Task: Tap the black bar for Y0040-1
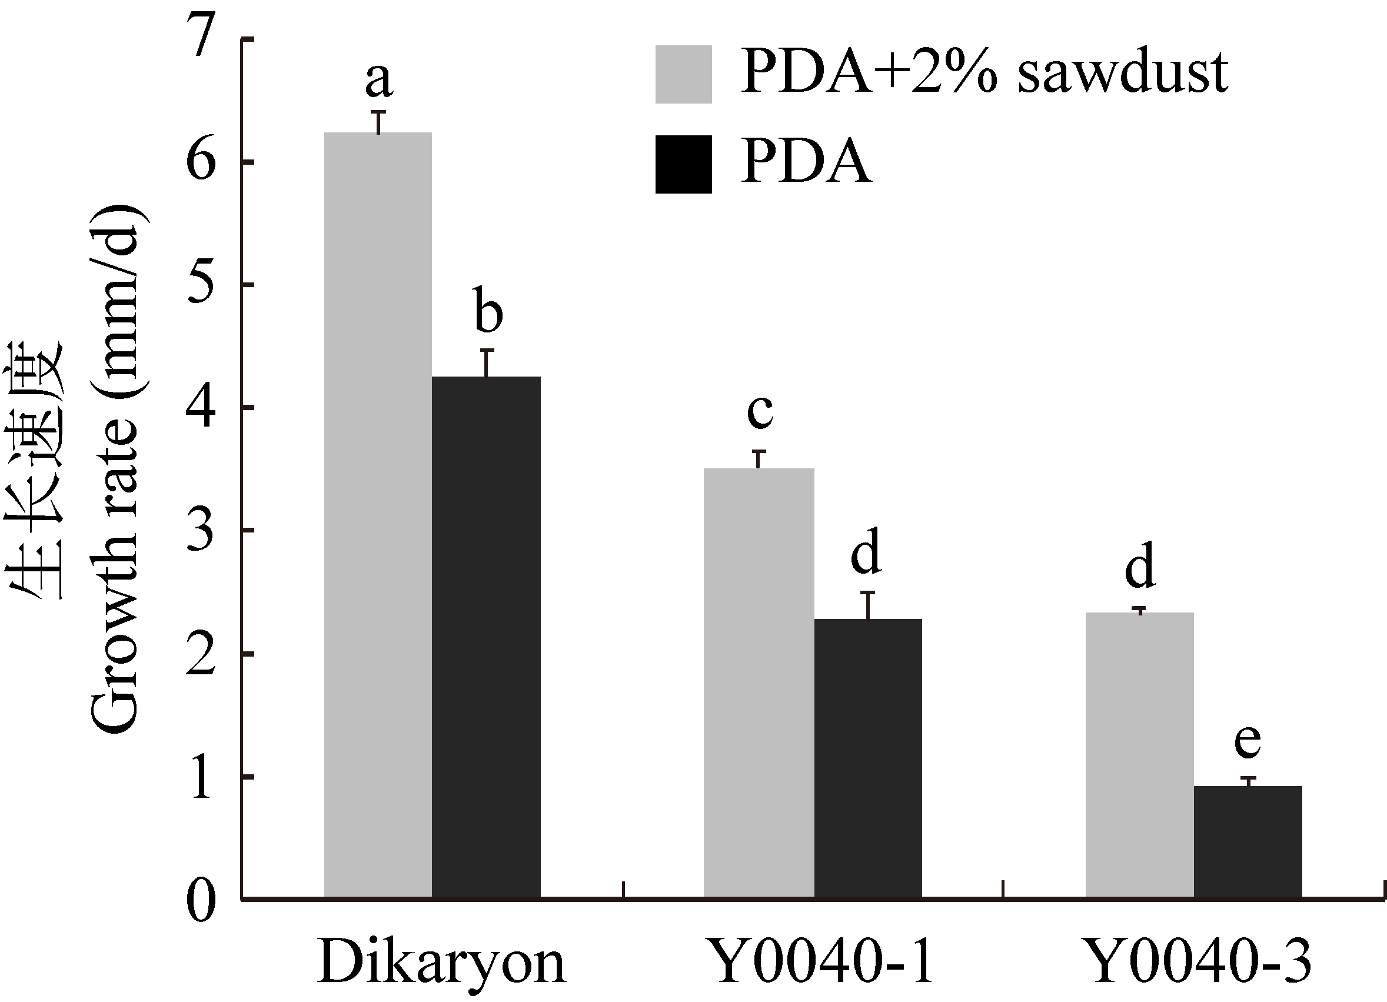(x=868, y=758)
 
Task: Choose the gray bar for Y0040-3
(x=1139, y=755)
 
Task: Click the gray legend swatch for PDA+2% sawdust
(x=683, y=74)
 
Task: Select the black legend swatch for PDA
(x=683, y=164)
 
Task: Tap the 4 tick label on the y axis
(x=202, y=408)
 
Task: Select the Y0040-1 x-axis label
(x=822, y=961)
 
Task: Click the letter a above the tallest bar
(x=378, y=80)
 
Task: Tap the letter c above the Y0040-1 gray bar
(x=760, y=411)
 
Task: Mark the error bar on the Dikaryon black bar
(x=487, y=362)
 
